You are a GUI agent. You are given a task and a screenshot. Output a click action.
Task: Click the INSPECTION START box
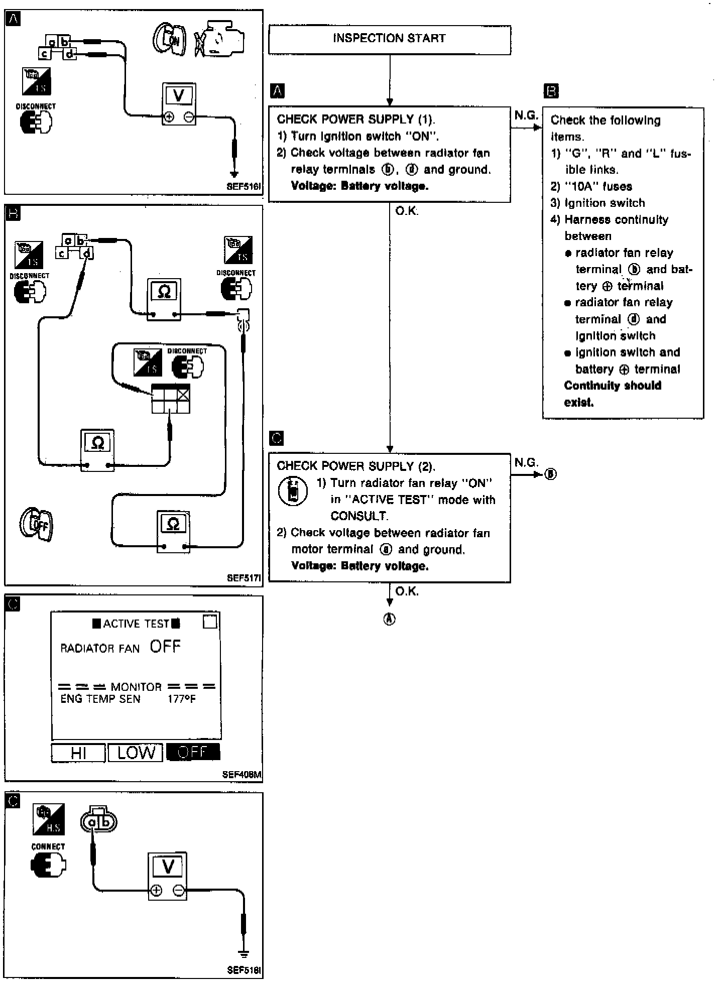(390, 39)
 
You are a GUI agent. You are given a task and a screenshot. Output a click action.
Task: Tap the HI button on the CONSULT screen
(78, 753)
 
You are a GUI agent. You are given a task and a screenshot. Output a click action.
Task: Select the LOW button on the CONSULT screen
(136, 753)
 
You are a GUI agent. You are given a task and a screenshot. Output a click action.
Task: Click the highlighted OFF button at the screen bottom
(193, 753)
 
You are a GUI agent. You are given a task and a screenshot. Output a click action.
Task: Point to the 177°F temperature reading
(182, 699)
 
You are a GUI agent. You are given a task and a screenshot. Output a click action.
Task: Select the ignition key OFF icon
(37, 525)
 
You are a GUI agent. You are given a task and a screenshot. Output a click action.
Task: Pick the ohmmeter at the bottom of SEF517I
(173, 532)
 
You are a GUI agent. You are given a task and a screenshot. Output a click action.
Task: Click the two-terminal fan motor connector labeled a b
(98, 822)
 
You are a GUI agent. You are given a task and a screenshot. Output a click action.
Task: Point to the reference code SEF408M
(242, 775)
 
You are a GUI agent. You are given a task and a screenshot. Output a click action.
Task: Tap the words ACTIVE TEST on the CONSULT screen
(136, 624)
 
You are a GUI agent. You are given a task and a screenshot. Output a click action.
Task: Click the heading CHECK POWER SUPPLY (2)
(356, 466)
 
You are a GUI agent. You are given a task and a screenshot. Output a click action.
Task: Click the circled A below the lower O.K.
(390, 620)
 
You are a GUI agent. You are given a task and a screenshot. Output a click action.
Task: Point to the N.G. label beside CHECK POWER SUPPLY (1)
(526, 116)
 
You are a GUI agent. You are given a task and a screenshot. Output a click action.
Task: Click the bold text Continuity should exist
(612, 394)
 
